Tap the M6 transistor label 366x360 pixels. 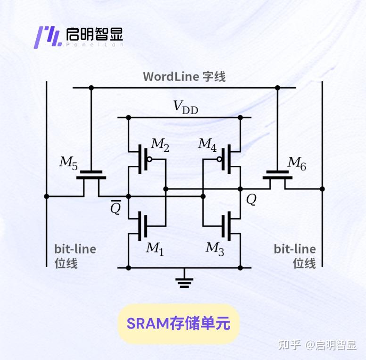point(297,163)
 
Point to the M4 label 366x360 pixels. point(208,144)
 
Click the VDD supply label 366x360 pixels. point(186,107)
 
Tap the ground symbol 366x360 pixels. point(184,281)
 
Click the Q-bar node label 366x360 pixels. point(116,208)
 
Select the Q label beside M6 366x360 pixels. point(251,200)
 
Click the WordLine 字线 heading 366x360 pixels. point(184,76)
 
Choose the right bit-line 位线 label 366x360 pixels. point(295,256)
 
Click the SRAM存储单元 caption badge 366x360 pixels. point(178,324)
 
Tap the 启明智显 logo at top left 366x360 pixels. point(80,36)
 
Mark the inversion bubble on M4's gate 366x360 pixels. point(220,159)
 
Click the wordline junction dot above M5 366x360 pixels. point(91,88)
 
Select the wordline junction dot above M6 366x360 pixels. point(277,88)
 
